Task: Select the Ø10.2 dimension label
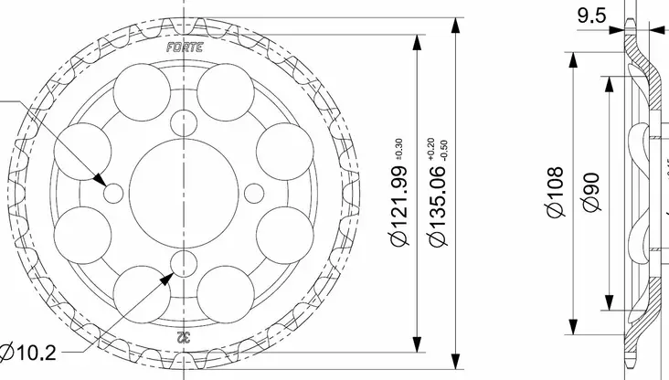(27, 352)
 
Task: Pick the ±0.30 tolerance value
(398, 148)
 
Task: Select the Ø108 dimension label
(556, 192)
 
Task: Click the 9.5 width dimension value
(592, 15)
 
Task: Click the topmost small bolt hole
(186, 120)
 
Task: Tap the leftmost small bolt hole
(114, 193)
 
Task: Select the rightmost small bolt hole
(257, 191)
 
